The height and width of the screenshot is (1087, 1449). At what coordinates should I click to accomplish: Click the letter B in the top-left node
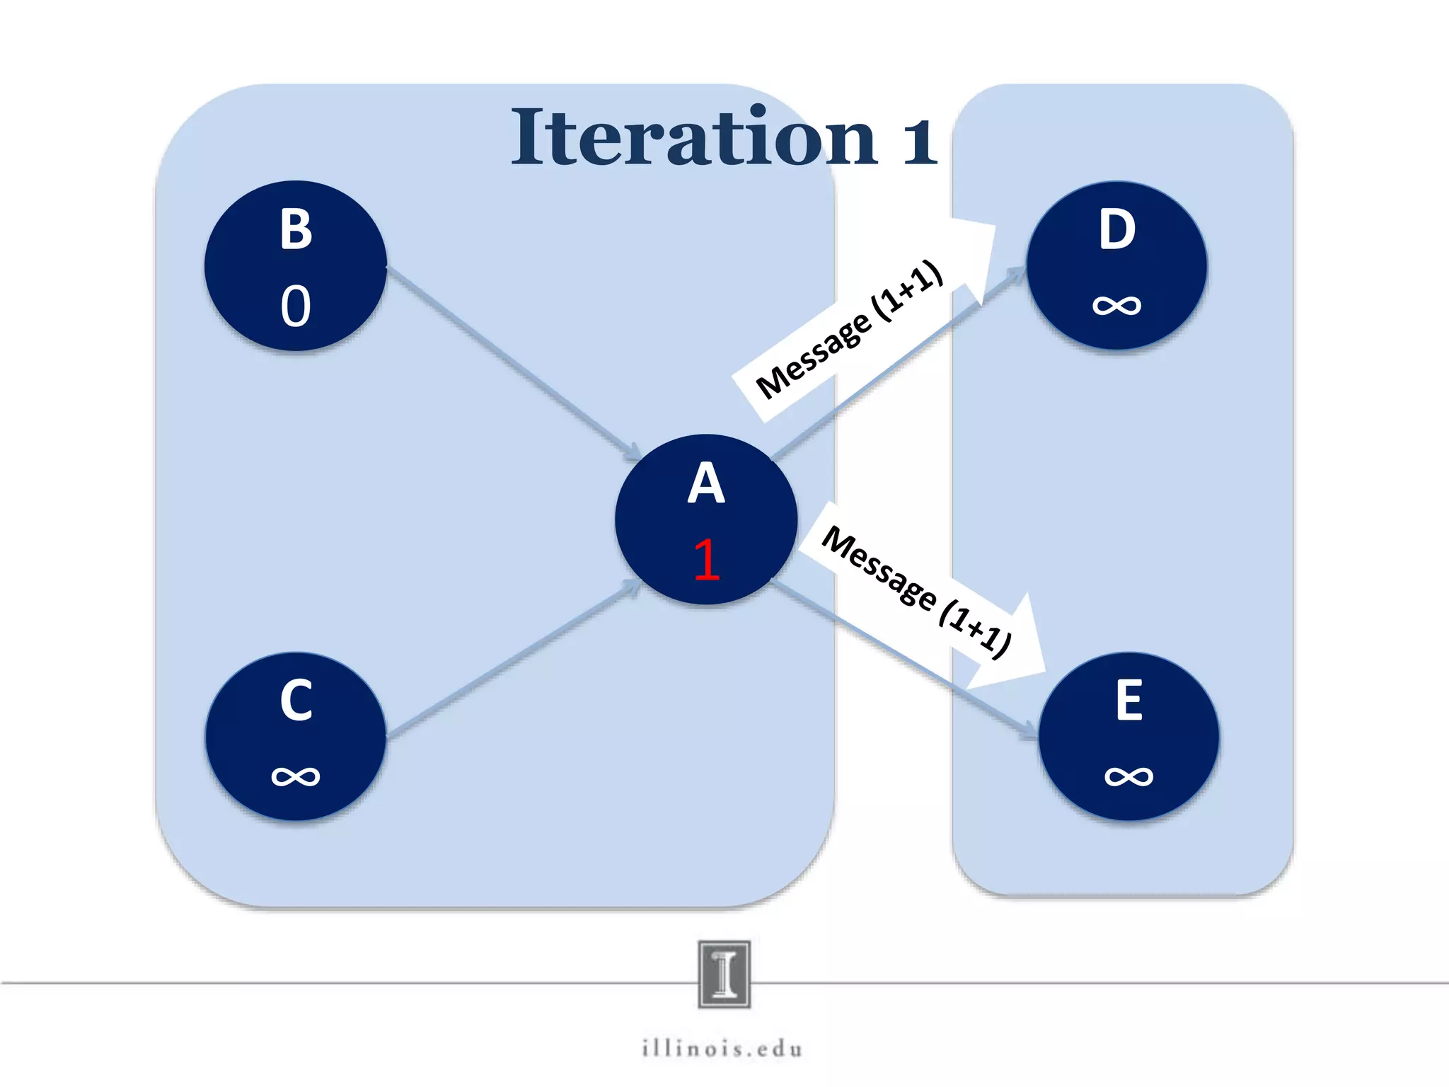point(296,229)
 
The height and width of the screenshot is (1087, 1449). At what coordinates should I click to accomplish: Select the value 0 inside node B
point(296,306)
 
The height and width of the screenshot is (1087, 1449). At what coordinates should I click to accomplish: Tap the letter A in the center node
point(706,483)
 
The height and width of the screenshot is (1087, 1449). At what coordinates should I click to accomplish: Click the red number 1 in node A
point(707,560)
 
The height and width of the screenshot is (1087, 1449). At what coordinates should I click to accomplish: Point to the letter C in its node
point(296,701)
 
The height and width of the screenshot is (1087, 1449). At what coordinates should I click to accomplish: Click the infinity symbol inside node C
point(296,776)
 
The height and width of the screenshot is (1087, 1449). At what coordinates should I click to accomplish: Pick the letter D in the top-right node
point(1117,229)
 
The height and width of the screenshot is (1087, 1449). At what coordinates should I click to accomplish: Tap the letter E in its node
point(1129,701)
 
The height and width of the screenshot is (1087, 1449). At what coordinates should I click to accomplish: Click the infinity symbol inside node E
point(1129,776)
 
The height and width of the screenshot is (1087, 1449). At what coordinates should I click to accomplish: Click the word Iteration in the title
point(693,138)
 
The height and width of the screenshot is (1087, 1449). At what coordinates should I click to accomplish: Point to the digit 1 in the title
point(920,140)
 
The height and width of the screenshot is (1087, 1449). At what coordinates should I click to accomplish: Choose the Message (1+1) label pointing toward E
point(916,591)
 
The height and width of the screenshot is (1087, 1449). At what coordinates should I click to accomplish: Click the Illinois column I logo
point(724,974)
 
